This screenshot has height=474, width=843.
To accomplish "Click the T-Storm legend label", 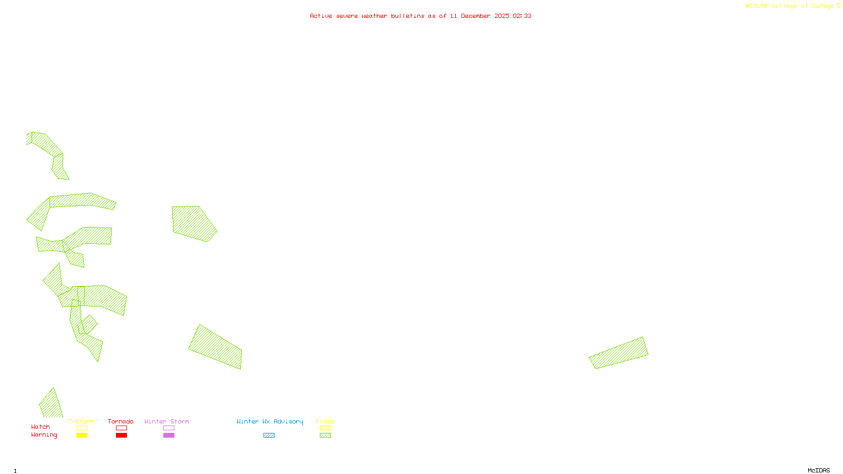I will click(81, 421).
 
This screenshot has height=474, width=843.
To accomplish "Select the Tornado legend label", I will click(121, 421).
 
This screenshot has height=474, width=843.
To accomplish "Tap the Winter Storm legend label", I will click(166, 421).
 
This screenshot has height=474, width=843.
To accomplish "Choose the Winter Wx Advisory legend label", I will click(270, 421).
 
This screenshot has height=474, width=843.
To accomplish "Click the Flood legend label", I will click(325, 421).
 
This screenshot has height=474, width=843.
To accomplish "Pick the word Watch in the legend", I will click(41, 427).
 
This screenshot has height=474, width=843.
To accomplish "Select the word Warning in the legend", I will click(44, 435).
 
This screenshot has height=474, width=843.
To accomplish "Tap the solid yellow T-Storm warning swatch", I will click(82, 436).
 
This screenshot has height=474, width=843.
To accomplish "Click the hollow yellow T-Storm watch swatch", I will click(82, 428).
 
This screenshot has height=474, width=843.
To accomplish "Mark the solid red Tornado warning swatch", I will click(121, 436).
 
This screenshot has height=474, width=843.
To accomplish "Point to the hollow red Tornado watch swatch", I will click(121, 428).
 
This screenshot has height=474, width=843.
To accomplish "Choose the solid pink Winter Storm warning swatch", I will click(169, 436).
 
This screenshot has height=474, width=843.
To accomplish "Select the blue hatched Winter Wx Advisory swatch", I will click(269, 436).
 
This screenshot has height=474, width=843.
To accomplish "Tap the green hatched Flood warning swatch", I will click(326, 436).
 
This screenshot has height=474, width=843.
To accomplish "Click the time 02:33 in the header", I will click(522, 16).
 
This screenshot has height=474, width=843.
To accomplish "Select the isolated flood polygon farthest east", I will click(619, 353).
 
